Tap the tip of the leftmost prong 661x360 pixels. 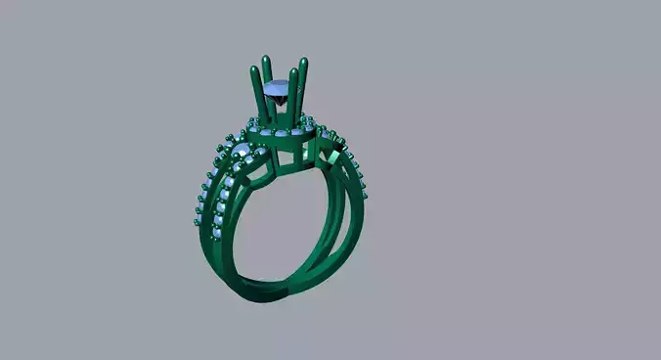pos(256,68)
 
